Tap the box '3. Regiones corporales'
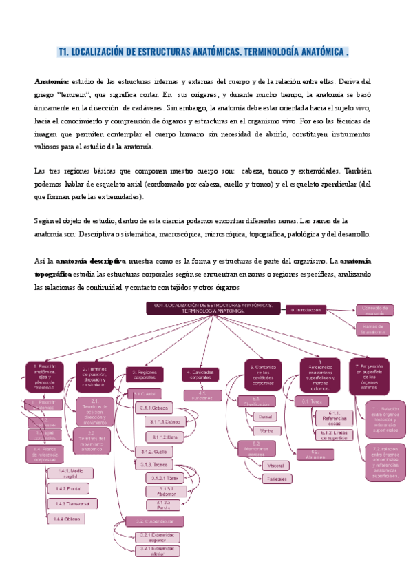coord(144,375)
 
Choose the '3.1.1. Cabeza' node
coord(157,408)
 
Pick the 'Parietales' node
coord(276,479)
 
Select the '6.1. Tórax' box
coord(313,400)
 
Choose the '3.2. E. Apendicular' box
coord(154,521)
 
